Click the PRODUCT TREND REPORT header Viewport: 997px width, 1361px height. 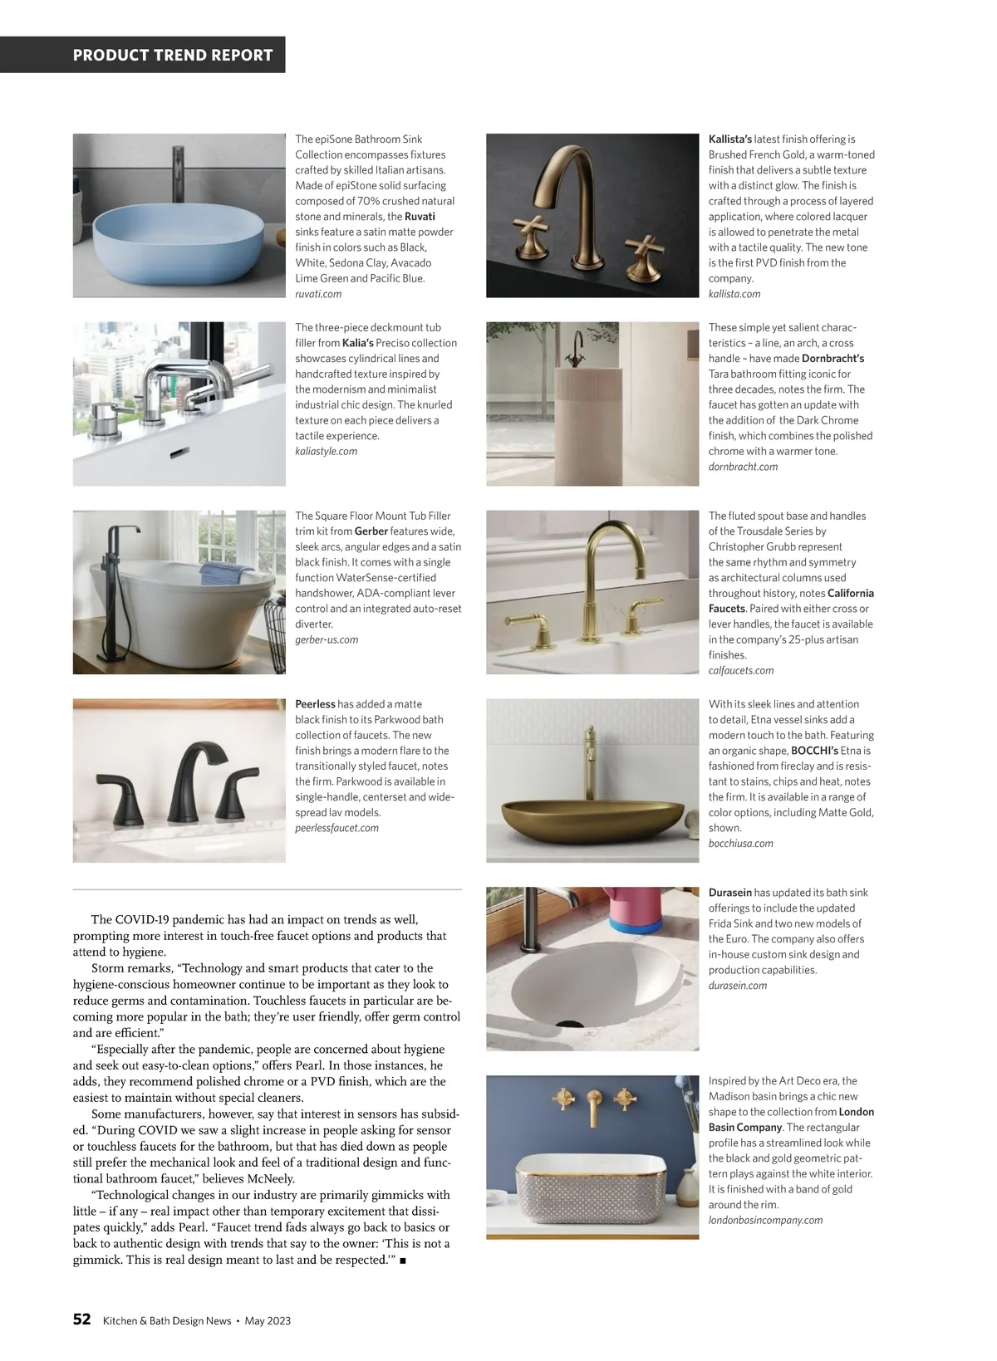pos(173,56)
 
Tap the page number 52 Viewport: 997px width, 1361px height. pos(81,1319)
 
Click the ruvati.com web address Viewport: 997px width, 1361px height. pos(318,294)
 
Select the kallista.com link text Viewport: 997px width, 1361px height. pos(734,294)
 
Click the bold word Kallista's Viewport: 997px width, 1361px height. pos(730,140)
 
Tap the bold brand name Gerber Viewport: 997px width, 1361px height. pos(371,531)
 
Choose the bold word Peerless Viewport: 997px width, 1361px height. pos(316,704)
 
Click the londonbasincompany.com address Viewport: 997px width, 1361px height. pos(765,1220)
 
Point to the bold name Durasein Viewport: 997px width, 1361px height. pos(730,893)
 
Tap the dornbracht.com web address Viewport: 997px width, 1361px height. pos(743,467)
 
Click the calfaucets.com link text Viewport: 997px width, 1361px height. pos(741,670)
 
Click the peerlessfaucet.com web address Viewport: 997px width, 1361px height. pos(336,828)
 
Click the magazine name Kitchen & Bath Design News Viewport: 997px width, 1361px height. pos(167,1321)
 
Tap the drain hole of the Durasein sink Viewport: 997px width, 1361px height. pos(569,1025)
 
